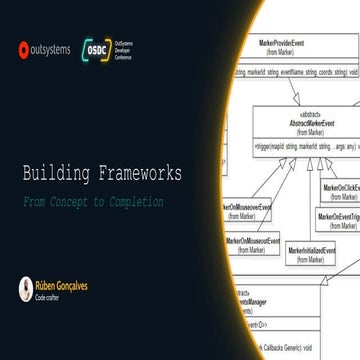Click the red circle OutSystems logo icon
(x=24, y=47)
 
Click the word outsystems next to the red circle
(x=51, y=47)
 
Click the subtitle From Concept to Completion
(x=93, y=201)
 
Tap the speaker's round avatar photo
(x=25, y=289)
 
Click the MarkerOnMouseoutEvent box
(x=253, y=246)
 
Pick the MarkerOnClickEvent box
(x=340, y=192)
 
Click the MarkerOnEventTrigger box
(x=339, y=220)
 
